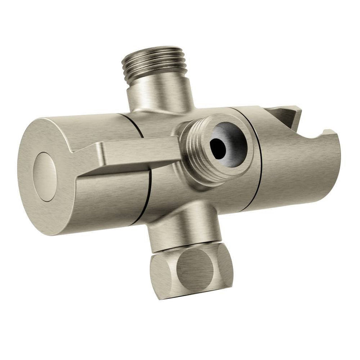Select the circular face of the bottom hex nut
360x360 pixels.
[x=197, y=270]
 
